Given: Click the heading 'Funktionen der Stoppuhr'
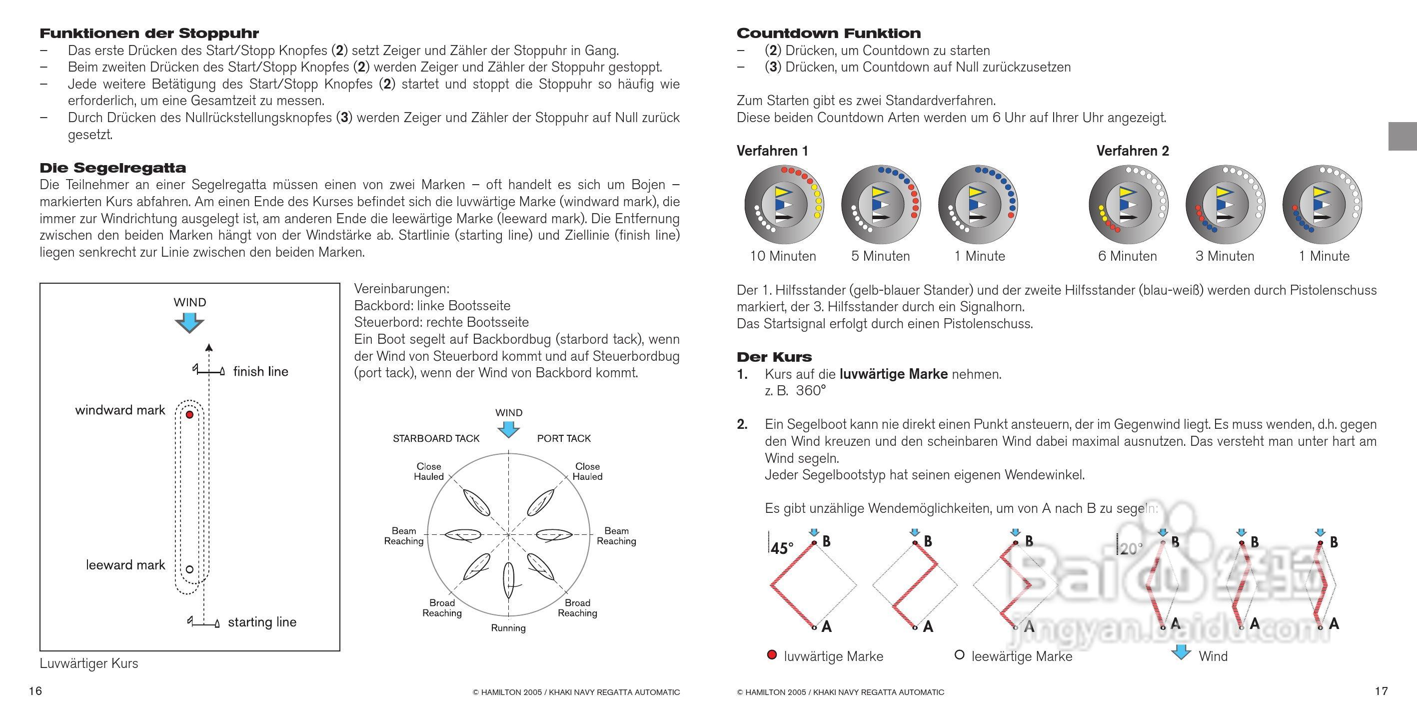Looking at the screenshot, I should (149, 34).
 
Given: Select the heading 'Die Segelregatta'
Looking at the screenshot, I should (113, 168).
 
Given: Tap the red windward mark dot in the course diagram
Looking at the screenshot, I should (190, 414).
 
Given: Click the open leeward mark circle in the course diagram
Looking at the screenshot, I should (190, 569).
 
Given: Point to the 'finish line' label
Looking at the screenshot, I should (261, 372).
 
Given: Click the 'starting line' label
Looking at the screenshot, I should (262, 622).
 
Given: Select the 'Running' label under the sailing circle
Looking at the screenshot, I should (508, 628).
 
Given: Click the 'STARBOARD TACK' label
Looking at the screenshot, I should (436, 439).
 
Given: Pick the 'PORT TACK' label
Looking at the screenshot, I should (564, 439).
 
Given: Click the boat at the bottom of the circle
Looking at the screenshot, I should (508, 581).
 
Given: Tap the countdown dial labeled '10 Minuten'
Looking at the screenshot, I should (783, 205).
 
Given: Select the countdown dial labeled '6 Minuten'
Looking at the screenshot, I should (1128, 205).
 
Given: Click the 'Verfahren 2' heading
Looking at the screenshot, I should (1133, 151).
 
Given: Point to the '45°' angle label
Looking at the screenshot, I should (782, 549).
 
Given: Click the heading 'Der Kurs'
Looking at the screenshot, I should (774, 357).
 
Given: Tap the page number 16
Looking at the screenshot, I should (35, 691).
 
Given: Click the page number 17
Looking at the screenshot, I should (1381, 691).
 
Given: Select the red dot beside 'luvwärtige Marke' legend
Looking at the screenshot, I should (772, 655).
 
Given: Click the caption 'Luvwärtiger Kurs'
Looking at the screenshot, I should (89, 664).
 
